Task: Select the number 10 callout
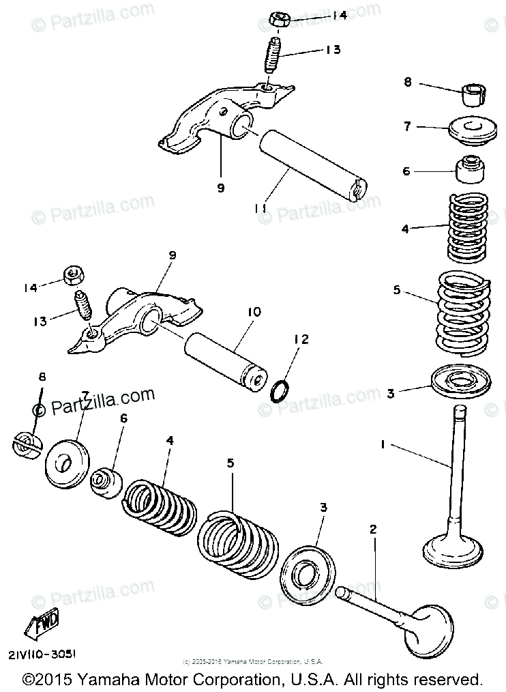[254, 312]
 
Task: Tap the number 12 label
[301, 339]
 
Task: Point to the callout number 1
[383, 444]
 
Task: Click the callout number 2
[373, 529]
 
